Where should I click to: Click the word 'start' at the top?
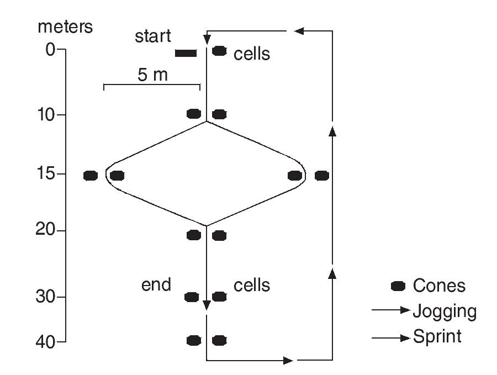point(153,37)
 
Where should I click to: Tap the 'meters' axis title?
point(65,27)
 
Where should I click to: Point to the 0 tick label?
point(49,50)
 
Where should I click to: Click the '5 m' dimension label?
point(152,75)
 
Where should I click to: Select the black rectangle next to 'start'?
point(186,53)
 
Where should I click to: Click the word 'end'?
point(156,285)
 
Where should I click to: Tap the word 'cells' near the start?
point(252,54)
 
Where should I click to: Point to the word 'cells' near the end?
point(252,285)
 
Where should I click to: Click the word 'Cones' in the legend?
point(439,286)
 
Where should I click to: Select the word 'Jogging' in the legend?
point(445,312)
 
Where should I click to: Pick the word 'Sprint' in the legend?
point(437,336)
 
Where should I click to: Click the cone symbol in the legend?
point(398,286)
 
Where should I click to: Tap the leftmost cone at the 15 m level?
point(91,176)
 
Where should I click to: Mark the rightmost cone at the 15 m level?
point(322,176)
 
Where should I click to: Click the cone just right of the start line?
point(219,51)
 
